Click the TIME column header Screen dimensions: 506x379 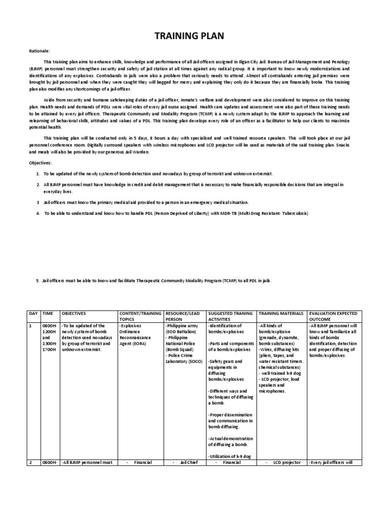coord(49,314)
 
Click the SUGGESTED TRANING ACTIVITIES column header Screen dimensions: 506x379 coord(230,317)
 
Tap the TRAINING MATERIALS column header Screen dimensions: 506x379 coord(280,314)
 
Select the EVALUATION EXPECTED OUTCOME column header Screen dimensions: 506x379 coord(334,317)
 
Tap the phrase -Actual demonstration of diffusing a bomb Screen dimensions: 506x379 coord(230,442)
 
